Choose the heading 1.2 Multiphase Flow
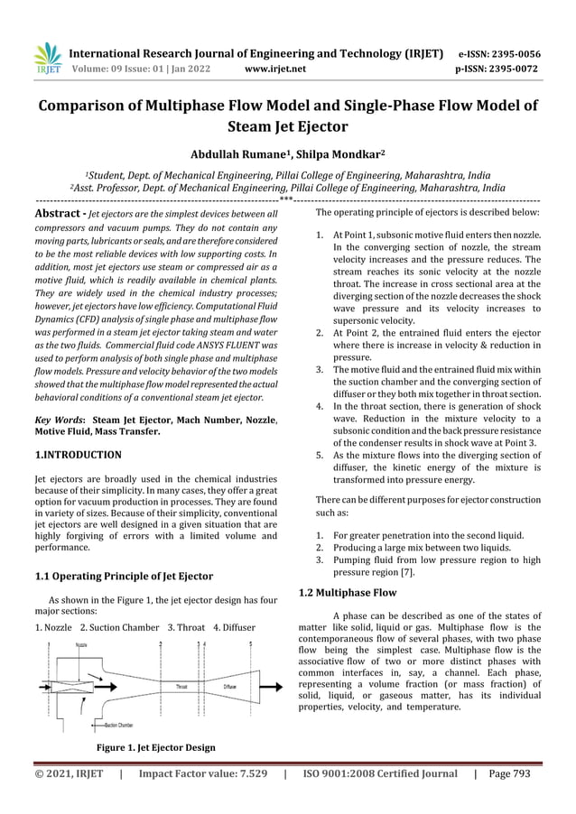tap(347, 593)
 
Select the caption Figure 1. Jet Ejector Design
tap(155, 747)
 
